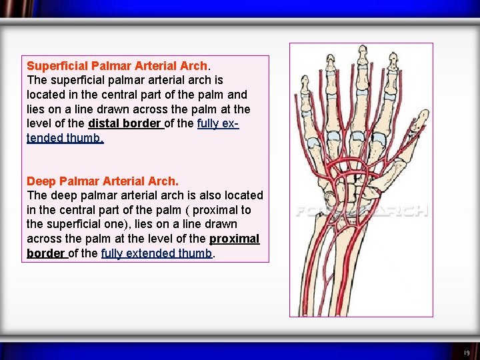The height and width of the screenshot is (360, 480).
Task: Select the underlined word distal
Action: (x=105, y=124)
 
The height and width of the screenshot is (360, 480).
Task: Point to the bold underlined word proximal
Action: (x=234, y=239)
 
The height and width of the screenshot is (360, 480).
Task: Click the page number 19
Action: (x=466, y=353)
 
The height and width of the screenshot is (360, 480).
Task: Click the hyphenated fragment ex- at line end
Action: (x=229, y=124)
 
